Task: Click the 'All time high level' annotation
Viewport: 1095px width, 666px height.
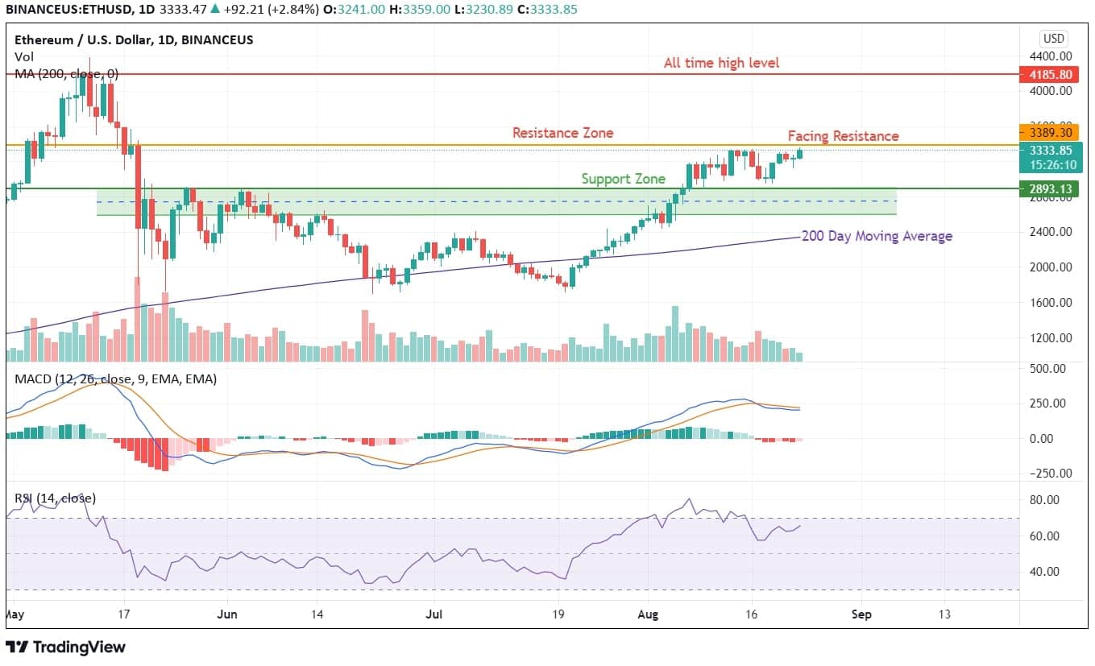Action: (721, 63)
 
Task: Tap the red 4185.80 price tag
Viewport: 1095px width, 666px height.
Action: (1046, 75)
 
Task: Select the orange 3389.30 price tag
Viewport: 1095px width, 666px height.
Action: (1046, 132)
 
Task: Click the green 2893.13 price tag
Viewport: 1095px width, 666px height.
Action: (1046, 188)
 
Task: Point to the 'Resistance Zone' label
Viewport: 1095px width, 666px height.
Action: (562, 133)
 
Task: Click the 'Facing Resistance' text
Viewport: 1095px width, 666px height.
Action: (843, 136)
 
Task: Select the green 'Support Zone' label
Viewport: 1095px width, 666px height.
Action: (624, 179)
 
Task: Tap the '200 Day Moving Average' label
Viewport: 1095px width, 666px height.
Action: (877, 236)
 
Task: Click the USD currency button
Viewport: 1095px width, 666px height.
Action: (1053, 39)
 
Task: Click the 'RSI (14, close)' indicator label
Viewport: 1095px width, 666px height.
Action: (55, 498)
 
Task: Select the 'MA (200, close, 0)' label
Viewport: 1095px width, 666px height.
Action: (66, 74)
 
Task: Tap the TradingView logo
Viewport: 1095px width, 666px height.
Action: (66, 647)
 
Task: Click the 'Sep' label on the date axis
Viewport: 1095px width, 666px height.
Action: (861, 614)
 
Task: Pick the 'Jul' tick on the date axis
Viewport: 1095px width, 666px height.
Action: (433, 614)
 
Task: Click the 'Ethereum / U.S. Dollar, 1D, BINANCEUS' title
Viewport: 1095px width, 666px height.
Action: (134, 39)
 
